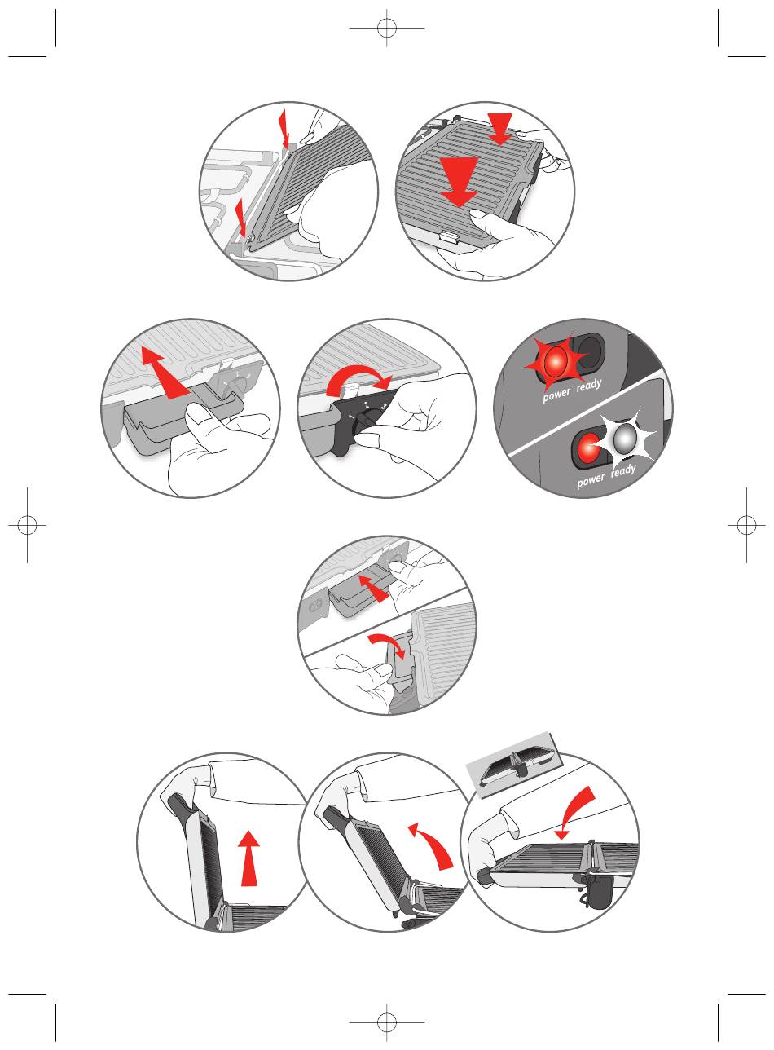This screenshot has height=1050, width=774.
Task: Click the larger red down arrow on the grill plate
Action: point(459,180)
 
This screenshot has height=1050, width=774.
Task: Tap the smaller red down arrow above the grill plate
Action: point(500,128)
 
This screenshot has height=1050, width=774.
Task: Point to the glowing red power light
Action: point(555,361)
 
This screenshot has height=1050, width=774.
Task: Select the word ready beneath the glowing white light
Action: point(623,470)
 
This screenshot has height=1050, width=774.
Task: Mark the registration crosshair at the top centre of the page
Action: point(386,28)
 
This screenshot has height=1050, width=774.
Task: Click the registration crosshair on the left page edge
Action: point(27,525)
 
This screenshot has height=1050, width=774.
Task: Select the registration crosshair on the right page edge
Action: point(746,525)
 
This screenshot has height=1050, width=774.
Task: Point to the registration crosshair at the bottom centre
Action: point(386,1022)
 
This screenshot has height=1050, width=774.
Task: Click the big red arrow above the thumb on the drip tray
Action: point(166,373)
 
